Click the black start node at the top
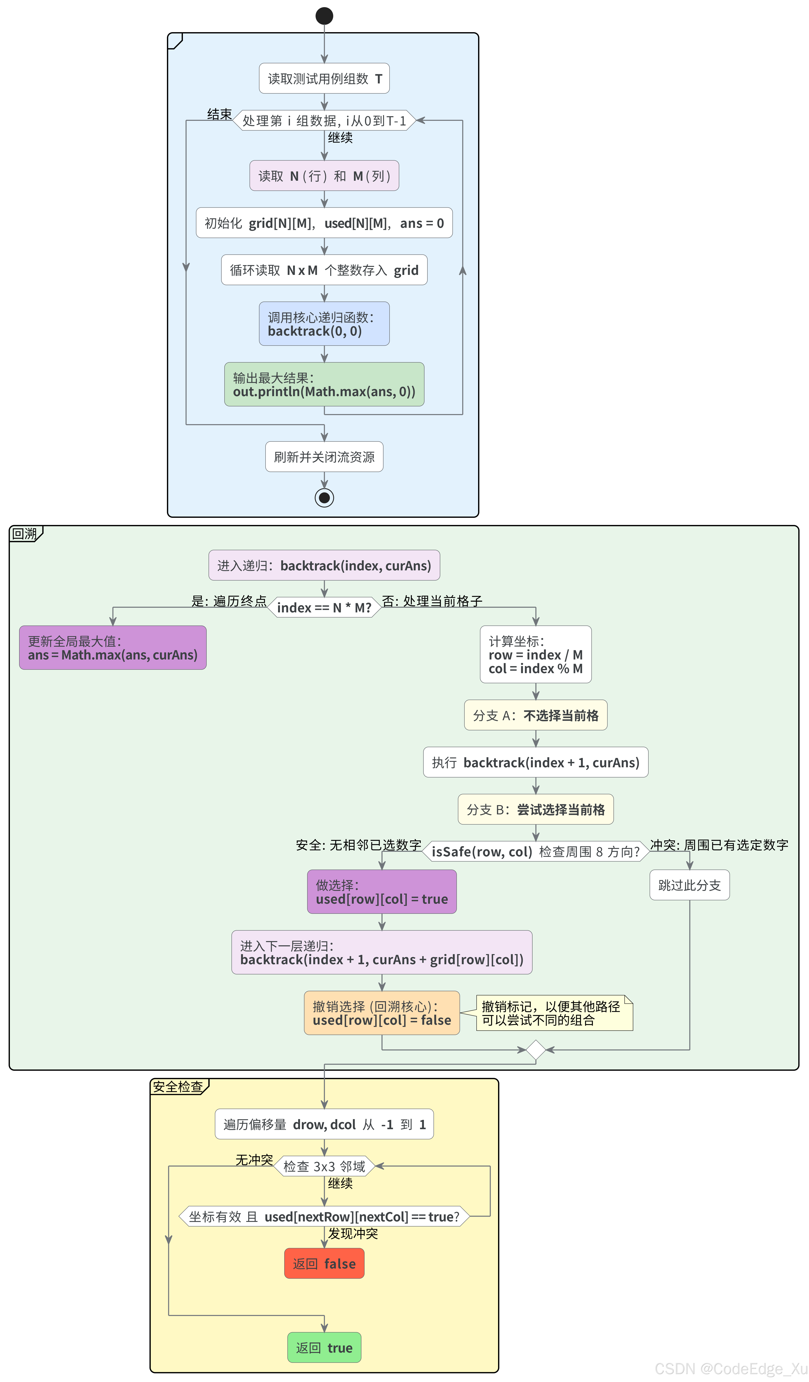[324, 16]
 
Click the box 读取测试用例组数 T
[324, 78]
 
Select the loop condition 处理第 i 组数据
[324, 121]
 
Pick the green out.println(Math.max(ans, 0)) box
[324, 384]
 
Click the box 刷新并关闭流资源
[324, 457]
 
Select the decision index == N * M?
[324, 608]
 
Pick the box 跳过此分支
[689, 885]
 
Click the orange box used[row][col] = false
[382, 1013]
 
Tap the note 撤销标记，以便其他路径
[554, 1013]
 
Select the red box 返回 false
[324, 1263]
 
